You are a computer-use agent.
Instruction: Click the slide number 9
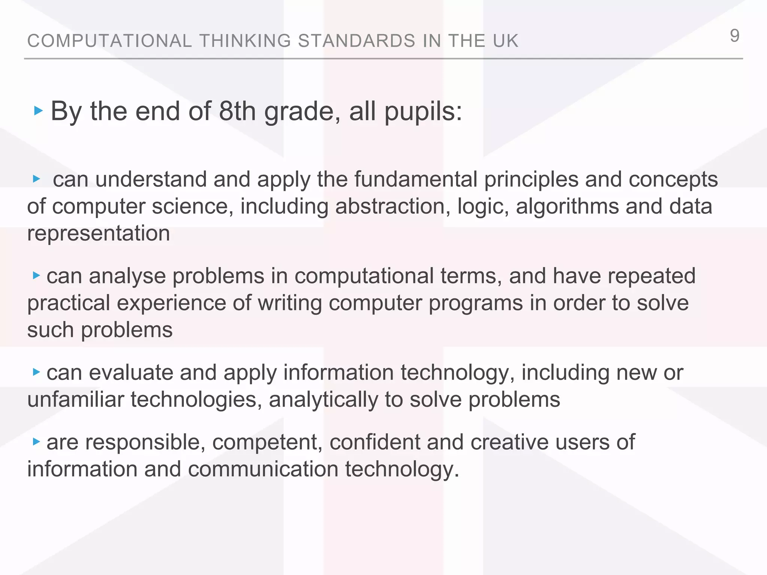[734, 36]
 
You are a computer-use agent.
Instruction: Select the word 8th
[237, 111]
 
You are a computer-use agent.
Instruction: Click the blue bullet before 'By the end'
[38, 110]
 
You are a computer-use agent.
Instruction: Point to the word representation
[98, 234]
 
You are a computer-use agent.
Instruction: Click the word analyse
[127, 276]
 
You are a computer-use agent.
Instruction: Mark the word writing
[290, 303]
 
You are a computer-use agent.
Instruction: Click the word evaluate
[131, 372]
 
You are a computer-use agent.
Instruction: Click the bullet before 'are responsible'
[36, 442]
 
